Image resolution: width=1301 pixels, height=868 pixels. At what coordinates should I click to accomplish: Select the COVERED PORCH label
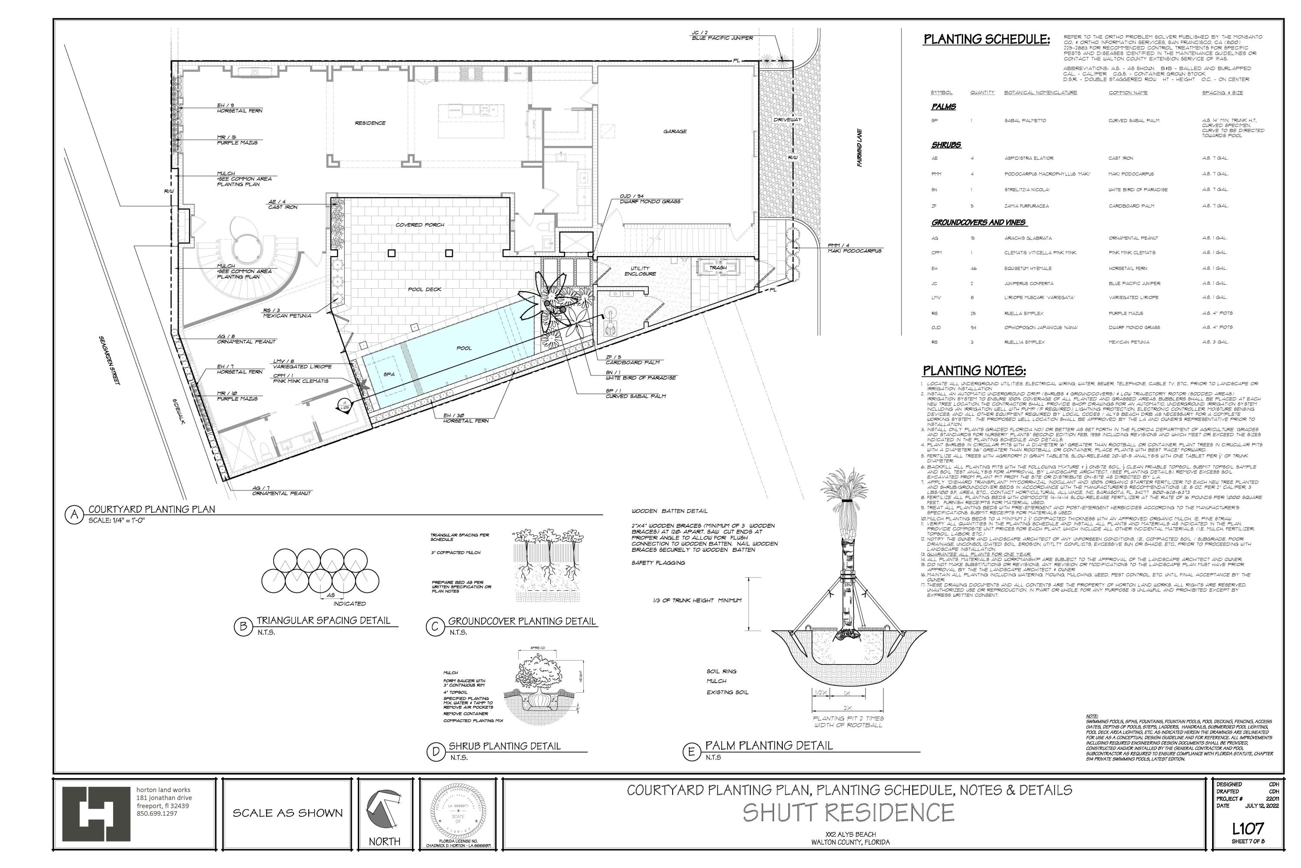(420, 225)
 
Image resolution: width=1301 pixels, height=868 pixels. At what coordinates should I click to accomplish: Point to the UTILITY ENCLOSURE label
(640, 271)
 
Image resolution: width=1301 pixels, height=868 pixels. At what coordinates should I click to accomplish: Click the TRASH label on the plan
(718, 268)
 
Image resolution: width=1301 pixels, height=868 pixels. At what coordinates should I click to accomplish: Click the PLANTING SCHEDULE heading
(986, 40)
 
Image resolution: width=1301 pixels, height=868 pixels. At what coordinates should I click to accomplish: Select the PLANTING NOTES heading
(974, 372)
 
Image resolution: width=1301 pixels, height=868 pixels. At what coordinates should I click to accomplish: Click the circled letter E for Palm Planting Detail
(690, 752)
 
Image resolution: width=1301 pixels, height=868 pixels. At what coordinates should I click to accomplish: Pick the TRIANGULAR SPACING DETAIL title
(323, 621)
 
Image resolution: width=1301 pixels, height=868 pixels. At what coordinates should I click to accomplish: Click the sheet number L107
(1248, 829)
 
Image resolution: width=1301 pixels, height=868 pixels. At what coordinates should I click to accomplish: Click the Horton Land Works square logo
(96, 813)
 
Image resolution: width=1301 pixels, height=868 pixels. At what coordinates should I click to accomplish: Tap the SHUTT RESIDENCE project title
(849, 812)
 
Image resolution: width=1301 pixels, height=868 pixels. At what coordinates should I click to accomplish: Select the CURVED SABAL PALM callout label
(636, 396)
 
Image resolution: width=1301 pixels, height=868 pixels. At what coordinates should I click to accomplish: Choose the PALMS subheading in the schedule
(944, 107)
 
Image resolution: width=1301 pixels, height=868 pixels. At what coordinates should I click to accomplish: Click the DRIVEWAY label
(787, 120)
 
